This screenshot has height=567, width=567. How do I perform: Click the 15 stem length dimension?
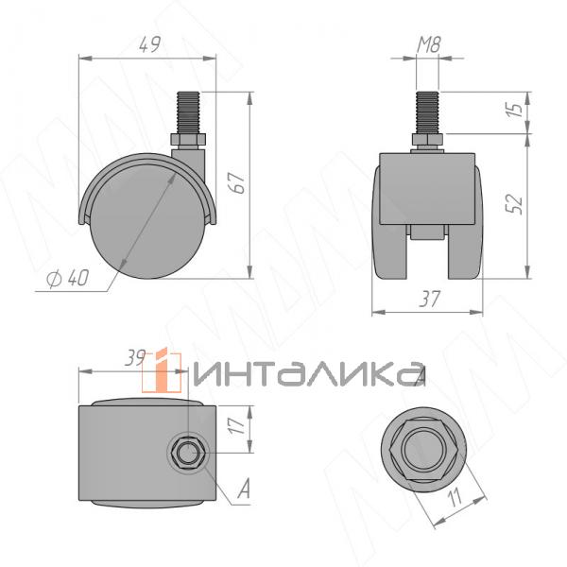click(x=514, y=112)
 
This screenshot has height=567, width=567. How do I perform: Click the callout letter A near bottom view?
click(x=243, y=489)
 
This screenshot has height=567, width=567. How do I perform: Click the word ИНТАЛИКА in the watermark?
click(x=307, y=372)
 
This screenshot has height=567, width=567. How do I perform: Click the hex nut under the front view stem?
click(x=427, y=144)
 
